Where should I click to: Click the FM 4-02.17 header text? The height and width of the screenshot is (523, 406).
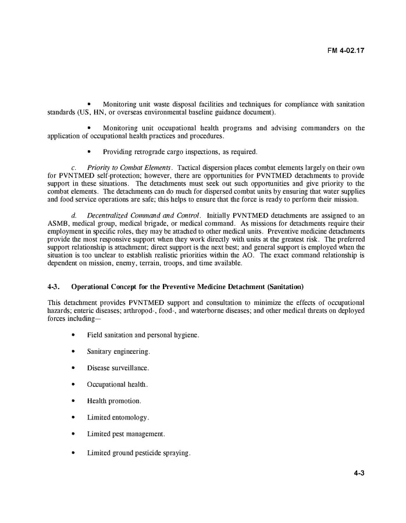346,50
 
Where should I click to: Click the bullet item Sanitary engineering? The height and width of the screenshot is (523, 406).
118,352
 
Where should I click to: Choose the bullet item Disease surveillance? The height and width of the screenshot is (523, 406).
118,368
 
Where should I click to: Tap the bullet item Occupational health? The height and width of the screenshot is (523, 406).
117,385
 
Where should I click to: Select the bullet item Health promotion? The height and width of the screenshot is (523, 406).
114,401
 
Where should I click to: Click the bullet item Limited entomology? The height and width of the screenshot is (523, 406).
117,417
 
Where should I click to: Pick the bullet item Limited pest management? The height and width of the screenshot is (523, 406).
126,433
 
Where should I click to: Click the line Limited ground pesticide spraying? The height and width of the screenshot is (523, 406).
138,453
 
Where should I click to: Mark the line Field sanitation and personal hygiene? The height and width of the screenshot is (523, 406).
143,335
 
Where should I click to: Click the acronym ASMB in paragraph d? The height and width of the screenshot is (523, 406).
58,223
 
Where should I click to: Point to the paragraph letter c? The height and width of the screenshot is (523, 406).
73,168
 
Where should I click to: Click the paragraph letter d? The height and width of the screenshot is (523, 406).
73,215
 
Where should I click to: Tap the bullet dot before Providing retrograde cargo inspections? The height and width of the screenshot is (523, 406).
89,152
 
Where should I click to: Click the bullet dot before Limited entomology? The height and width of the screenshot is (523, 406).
73,417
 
